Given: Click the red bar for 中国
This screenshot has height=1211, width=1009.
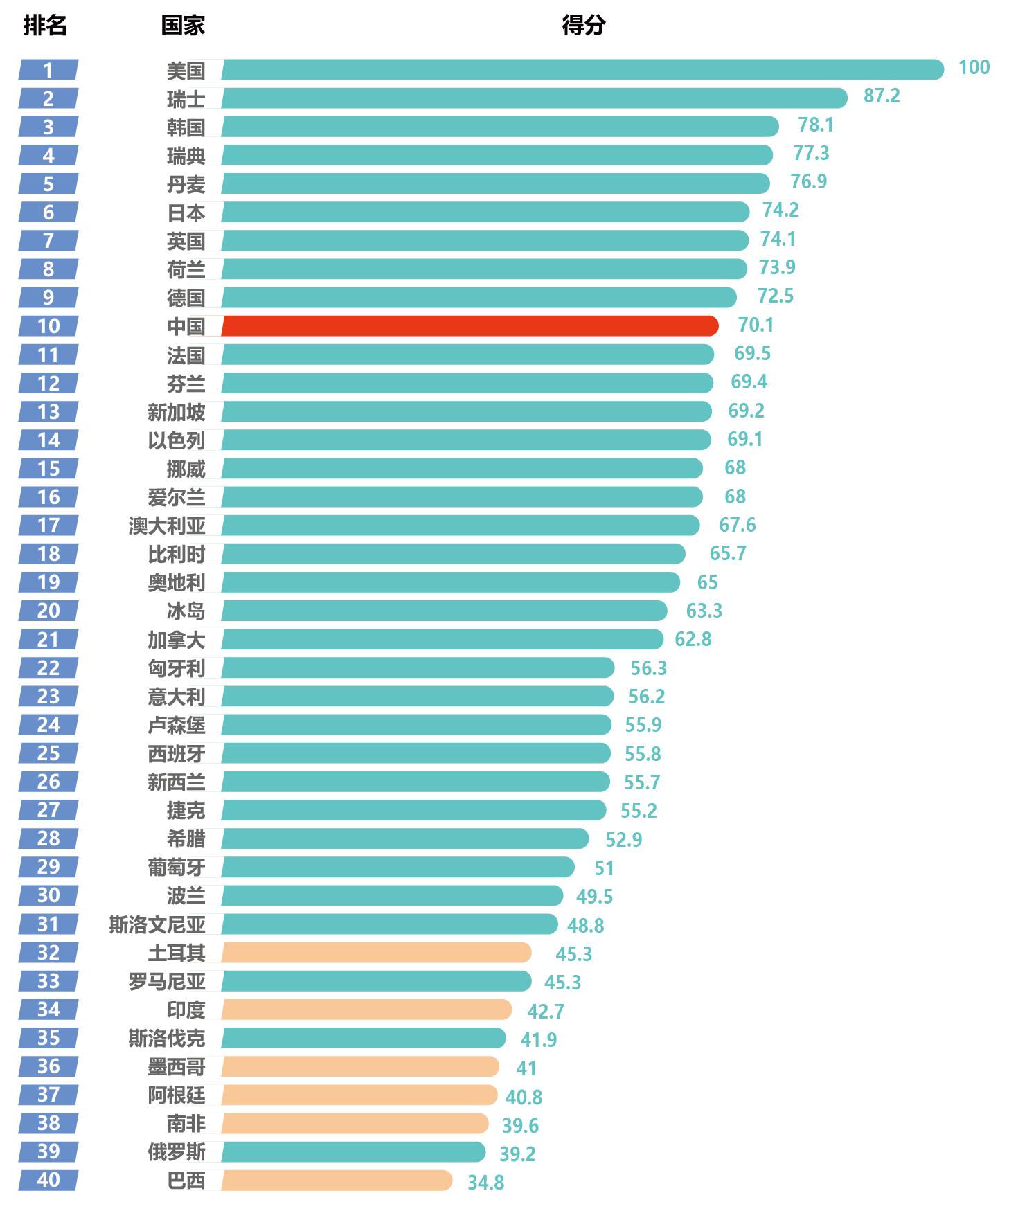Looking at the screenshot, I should pyautogui.click(x=470, y=325).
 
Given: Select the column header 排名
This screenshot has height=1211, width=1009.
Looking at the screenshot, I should pyautogui.click(x=45, y=26).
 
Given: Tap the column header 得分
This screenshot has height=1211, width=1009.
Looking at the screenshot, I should pyautogui.click(x=583, y=26).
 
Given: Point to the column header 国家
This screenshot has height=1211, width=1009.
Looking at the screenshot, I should pyautogui.click(x=183, y=26).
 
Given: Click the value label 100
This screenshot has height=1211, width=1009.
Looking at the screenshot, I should pyautogui.click(x=974, y=67).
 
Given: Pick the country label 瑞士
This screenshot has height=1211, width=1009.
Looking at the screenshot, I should pyautogui.click(x=186, y=99).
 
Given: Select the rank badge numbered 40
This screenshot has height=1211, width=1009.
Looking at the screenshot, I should pyautogui.click(x=48, y=1180).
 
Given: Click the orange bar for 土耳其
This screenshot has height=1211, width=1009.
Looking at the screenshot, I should pyautogui.click(x=376, y=953).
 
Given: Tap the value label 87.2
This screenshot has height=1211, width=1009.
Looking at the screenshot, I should pyautogui.click(x=882, y=96).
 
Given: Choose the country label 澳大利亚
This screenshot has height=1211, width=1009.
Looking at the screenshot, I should pyautogui.click(x=167, y=526).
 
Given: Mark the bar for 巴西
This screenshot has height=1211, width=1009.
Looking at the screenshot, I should pyautogui.click(x=337, y=1180).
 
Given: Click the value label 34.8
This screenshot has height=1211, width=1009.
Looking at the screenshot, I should pyautogui.click(x=485, y=1182).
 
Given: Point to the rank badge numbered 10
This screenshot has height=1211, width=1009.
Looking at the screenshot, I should pyautogui.click(x=48, y=325).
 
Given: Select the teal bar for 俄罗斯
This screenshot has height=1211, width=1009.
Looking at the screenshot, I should pyautogui.click(x=353, y=1151).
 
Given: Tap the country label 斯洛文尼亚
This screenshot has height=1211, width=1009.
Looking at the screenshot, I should pyautogui.click(x=157, y=924).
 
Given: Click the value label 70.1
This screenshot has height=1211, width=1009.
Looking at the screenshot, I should pyautogui.click(x=756, y=325).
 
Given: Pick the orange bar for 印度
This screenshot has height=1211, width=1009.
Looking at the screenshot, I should pyautogui.click(x=366, y=1010).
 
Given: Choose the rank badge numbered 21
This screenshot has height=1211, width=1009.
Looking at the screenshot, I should pyautogui.click(x=48, y=639).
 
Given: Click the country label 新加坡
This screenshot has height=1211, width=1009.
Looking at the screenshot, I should pyautogui.click(x=176, y=412).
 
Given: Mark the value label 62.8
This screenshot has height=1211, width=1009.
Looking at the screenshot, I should pyautogui.click(x=693, y=639).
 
